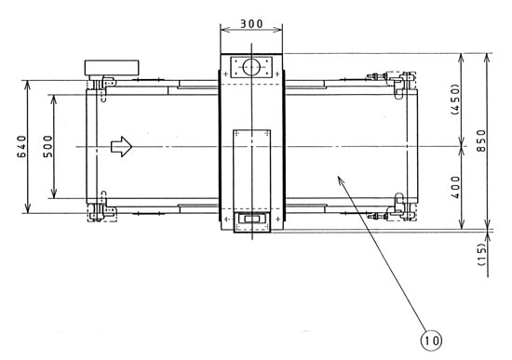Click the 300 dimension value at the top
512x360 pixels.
251,24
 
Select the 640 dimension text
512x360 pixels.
22,147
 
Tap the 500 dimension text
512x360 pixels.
47,147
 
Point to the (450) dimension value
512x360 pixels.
454,100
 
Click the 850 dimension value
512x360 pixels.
481,140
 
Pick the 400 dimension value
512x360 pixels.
455,187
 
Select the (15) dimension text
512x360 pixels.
481,254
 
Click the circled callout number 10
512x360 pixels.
431,340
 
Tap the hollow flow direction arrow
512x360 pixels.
121,147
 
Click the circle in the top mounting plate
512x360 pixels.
251,67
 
